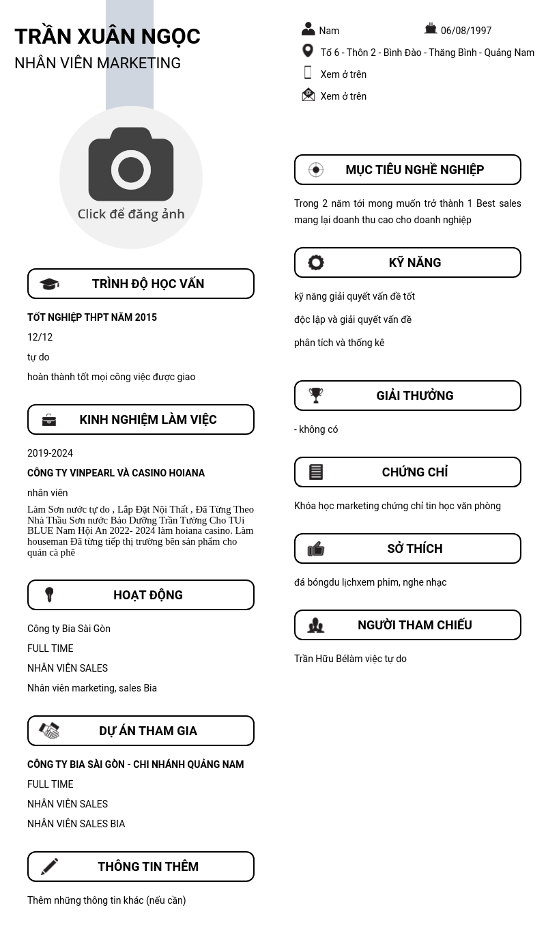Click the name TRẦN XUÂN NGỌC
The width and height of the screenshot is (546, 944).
(x=107, y=36)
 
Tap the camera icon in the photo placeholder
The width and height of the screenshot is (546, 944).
(x=131, y=165)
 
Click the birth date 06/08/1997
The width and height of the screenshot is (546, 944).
(x=466, y=31)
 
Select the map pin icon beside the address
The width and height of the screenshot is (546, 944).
(x=308, y=51)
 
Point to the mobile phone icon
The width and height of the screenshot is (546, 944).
(x=308, y=73)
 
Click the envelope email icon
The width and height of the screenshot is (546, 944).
(x=308, y=95)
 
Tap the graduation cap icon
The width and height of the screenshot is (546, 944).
(x=49, y=284)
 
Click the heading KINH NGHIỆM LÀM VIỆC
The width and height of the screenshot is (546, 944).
(x=148, y=420)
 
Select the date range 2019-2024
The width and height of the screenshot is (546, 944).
(x=50, y=453)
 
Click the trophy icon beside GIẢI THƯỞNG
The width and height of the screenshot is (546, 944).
(x=316, y=395)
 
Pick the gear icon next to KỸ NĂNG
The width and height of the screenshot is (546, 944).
(x=316, y=263)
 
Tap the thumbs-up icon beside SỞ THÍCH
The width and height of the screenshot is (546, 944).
(x=316, y=549)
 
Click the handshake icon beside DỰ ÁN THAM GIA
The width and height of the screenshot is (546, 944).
(x=49, y=730)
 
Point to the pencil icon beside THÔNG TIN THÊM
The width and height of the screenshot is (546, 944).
(x=49, y=866)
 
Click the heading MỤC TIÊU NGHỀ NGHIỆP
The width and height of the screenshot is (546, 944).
(x=414, y=170)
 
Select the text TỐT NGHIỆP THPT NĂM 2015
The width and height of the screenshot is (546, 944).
(x=92, y=317)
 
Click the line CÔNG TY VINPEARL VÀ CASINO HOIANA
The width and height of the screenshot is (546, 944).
(x=116, y=473)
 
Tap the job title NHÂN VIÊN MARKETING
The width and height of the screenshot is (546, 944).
(x=98, y=63)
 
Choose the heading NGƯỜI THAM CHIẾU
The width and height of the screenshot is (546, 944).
(x=414, y=625)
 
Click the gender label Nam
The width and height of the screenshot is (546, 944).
(x=329, y=31)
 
